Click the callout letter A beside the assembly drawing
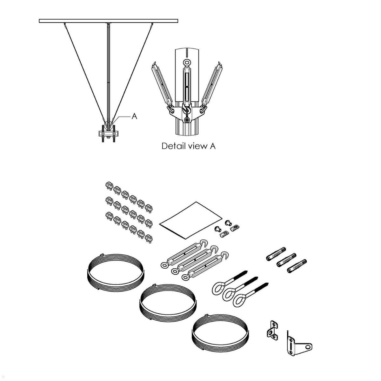(134, 117)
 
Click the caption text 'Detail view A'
(188, 146)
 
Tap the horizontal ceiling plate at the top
(108, 21)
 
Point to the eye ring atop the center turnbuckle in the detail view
(187, 62)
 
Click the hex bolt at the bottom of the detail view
(188, 120)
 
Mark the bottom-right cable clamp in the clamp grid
(148, 238)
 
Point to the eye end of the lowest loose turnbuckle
(185, 277)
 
